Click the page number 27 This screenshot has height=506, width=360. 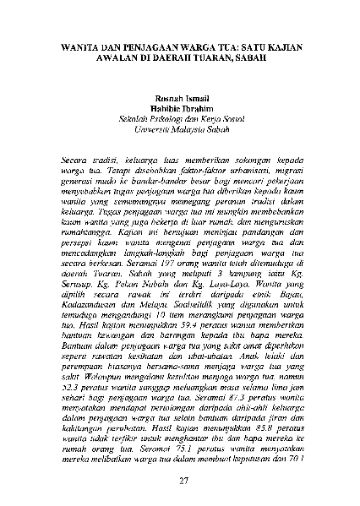[180, 480]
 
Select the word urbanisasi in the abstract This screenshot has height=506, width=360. [245, 169]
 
